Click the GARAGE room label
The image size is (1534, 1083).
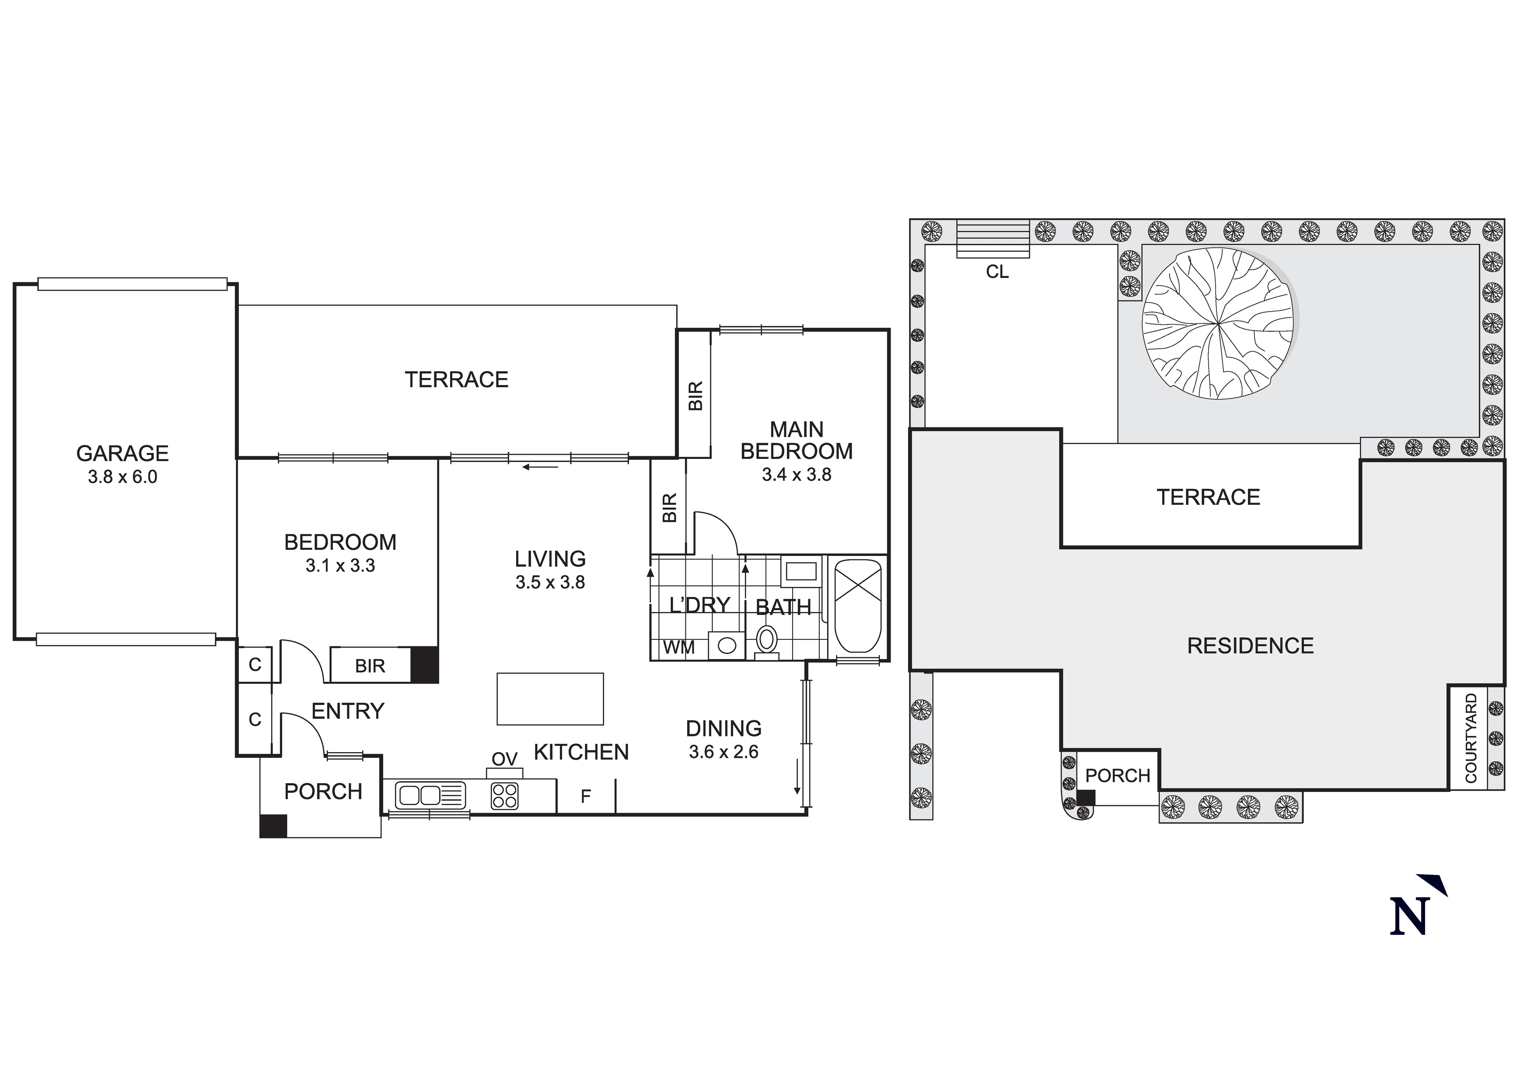tap(122, 453)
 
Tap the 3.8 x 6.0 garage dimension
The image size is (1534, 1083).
tap(122, 477)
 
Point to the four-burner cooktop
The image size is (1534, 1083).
tap(504, 796)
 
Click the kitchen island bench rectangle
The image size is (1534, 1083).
tap(550, 698)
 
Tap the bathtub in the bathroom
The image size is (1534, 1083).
tap(858, 606)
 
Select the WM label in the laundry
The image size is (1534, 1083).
tap(679, 647)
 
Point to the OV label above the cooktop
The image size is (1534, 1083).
tap(504, 759)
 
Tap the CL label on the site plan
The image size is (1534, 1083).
tap(997, 272)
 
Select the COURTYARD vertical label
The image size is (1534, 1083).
tap(1471, 738)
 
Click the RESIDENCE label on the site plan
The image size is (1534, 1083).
tap(1250, 646)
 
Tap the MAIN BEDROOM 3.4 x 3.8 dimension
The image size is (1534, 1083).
tap(797, 475)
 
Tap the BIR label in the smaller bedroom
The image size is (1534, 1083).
tap(370, 666)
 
